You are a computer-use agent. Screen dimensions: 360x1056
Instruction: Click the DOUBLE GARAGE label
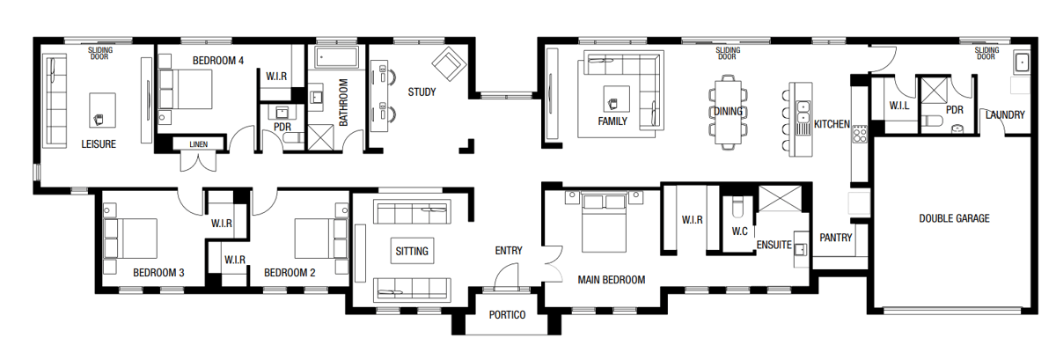(955, 218)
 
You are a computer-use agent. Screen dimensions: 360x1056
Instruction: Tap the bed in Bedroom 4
(187, 89)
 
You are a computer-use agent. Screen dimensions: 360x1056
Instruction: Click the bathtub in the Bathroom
(336, 58)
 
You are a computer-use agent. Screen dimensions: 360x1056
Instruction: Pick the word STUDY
(422, 92)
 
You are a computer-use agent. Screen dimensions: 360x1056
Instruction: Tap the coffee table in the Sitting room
(411, 251)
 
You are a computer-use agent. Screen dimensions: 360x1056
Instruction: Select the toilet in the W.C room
(738, 208)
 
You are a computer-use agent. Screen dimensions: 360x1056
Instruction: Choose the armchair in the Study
(449, 63)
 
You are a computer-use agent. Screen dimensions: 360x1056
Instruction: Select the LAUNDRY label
(1004, 114)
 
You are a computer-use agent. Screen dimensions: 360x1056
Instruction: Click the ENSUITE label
(774, 246)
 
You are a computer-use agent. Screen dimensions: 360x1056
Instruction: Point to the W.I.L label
(898, 106)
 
